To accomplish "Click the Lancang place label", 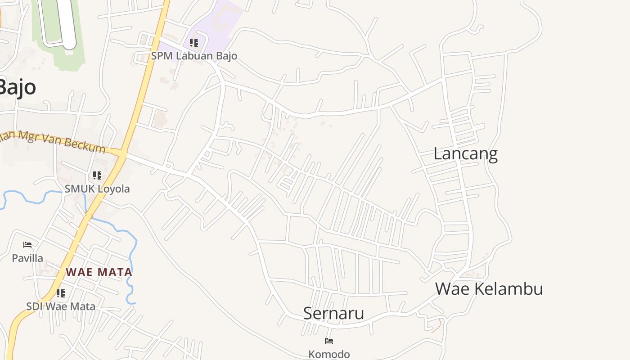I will pos(465,154).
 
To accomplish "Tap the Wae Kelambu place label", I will pos(489,289).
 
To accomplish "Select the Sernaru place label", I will pos(333,313).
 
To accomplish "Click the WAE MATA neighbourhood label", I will pos(99,272).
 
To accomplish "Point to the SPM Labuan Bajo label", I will pos(194,56).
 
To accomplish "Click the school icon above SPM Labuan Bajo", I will pos(194,43).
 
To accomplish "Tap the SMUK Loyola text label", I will pos(97,189).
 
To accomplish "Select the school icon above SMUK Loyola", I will pos(97,175).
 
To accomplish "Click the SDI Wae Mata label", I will pos(61,307).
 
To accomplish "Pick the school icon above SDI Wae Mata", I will pos(61,293).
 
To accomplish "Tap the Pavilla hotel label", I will pos(27,258).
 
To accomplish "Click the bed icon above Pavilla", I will pos(27,245).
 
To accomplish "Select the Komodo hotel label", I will pos(329,354).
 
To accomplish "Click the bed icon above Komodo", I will pos(329,341).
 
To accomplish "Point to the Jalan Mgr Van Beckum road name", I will pos(54,141).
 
